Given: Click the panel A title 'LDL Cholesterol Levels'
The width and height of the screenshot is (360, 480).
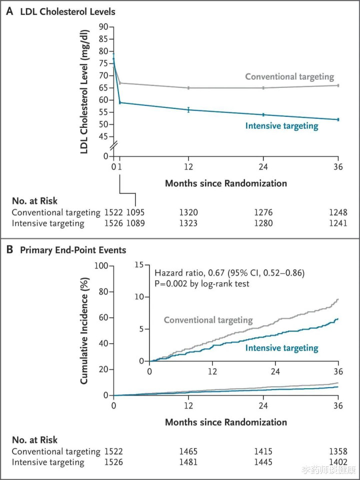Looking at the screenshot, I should (x=67, y=12).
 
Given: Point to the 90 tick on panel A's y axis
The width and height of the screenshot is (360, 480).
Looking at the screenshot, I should (x=103, y=26).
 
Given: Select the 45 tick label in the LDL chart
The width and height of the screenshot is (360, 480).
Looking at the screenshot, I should (x=103, y=136).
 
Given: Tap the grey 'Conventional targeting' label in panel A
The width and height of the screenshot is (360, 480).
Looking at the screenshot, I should (x=289, y=77).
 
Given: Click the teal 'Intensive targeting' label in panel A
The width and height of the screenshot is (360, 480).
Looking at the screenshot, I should (x=281, y=126).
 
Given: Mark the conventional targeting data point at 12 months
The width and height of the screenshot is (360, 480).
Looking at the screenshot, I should (x=188, y=88).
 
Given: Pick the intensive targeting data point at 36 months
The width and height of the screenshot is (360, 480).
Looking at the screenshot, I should (x=338, y=119).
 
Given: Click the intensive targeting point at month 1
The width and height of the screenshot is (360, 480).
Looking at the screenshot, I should (x=120, y=102).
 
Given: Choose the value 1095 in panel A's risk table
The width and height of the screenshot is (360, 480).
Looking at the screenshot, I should (x=135, y=212).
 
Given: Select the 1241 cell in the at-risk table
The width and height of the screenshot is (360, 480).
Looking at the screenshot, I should (x=338, y=223).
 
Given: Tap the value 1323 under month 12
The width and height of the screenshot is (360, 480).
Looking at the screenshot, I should (x=188, y=223).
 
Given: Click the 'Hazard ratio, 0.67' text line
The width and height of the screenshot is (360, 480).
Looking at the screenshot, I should (x=229, y=273).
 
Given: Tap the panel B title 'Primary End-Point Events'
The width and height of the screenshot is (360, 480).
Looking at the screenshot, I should (x=73, y=250).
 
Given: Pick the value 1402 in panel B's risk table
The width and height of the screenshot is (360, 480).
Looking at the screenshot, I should (x=338, y=462).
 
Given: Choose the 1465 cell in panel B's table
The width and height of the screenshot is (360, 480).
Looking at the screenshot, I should (x=188, y=451).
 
